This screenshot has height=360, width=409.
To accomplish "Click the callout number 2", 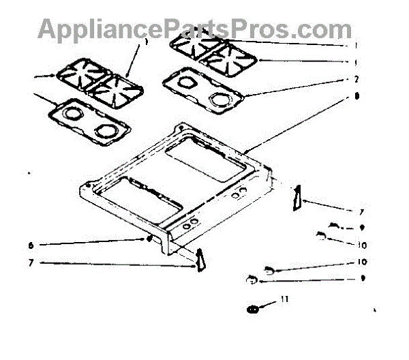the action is (357, 78).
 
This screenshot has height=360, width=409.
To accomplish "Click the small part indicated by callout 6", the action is (149, 239).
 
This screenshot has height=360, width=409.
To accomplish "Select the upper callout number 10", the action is (362, 244).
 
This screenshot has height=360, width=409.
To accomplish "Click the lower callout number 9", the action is (362, 278).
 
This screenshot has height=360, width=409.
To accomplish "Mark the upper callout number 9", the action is (362, 228).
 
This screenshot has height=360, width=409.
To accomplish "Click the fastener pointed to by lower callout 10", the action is (269, 270).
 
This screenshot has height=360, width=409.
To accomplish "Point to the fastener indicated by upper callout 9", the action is (333, 226).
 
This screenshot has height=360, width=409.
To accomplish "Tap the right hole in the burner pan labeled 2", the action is (220, 100).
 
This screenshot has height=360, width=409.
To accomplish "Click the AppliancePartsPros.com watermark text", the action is (195, 29).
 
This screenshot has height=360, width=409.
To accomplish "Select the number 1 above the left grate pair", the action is (145, 42).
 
